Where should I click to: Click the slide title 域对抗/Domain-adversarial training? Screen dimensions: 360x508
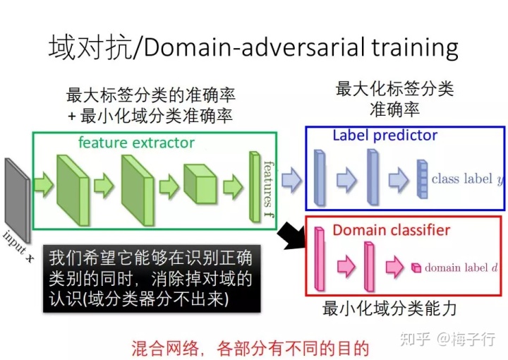pos(253,47)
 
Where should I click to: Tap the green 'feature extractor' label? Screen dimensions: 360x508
pos(136,143)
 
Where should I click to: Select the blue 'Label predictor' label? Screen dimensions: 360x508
pos(385,135)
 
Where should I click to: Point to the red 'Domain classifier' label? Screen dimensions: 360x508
pos(391,230)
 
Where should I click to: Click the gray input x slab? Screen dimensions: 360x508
pos(16,198)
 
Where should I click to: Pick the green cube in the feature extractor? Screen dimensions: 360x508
pos(200,184)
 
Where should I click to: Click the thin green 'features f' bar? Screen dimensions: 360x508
pos(254,186)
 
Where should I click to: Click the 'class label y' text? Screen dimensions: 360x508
pos(463,179)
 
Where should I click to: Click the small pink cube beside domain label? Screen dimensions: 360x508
pos(416,268)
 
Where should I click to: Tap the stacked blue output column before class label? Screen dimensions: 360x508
pos(422,180)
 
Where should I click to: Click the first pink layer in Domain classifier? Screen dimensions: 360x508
pos(319,260)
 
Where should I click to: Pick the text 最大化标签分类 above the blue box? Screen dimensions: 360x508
pos(394,90)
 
